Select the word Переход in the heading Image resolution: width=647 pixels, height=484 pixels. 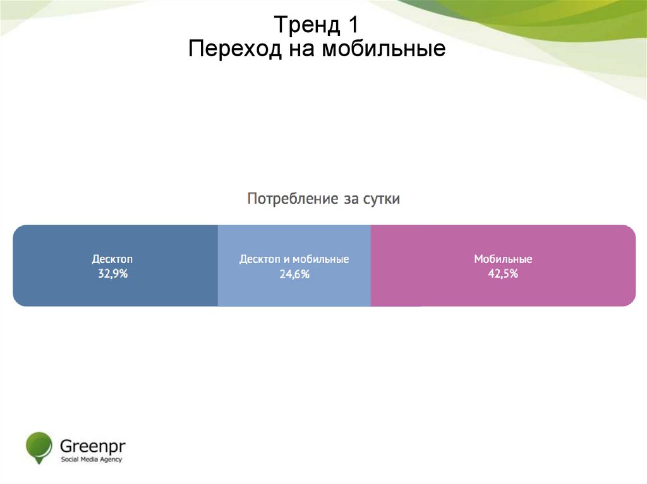tap(235, 49)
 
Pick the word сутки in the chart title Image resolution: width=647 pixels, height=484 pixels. tap(381, 199)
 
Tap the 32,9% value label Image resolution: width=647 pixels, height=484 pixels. tap(112, 273)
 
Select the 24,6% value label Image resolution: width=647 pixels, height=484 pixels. tap(294, 274)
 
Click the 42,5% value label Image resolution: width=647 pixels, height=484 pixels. tap(503, 273)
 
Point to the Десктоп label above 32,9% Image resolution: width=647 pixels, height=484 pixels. tap(112, 259)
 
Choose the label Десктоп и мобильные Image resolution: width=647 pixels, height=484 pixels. tap(294, 259)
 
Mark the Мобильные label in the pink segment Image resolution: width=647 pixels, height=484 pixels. tap(503, 259)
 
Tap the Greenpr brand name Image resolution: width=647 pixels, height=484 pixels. tap(92, 445)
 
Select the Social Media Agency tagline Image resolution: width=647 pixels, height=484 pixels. tap(91, 459)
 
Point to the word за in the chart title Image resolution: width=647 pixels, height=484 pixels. tap(351, 199)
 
